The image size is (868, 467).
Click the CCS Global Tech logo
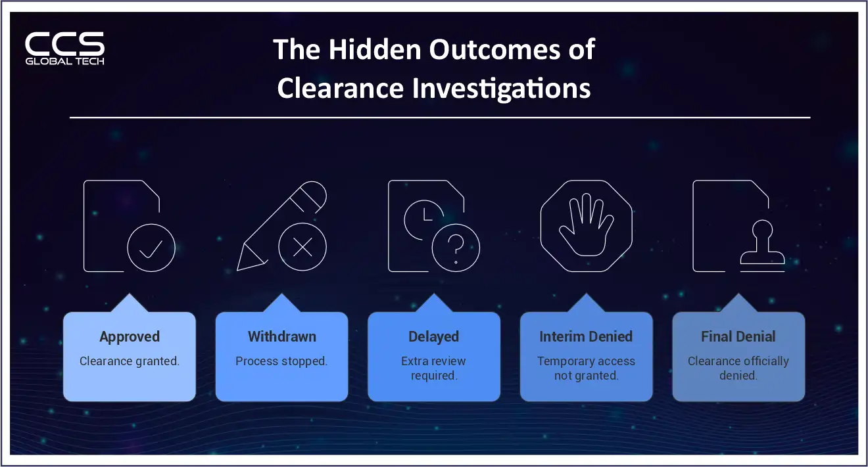click(64, 49)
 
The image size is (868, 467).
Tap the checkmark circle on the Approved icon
click(151, 248)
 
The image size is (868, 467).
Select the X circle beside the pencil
click(302, 248)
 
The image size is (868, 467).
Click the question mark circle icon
click(456, 249)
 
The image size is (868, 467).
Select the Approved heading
click(130, 337)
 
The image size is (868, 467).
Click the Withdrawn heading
click(281, 337)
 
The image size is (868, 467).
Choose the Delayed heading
click(433, 337)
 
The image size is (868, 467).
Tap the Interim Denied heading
click(586, 337)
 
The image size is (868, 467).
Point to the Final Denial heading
click(738, 337)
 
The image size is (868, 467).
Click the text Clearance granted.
click(130, 361)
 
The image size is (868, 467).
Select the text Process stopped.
click(281, 361)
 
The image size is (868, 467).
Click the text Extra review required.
click(433, 368)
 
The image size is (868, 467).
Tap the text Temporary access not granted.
click(586, 368)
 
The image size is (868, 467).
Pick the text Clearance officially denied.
click(738, 368)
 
